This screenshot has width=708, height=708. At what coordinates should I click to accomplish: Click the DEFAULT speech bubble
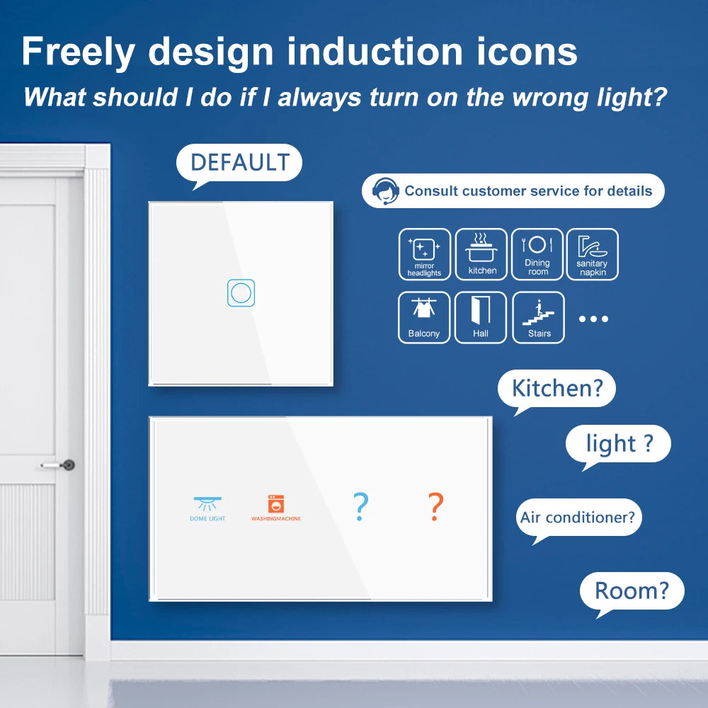(239, 162)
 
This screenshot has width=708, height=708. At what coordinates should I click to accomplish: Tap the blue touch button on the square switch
(241, 293)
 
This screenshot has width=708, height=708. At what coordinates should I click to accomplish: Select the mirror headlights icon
(424, 254)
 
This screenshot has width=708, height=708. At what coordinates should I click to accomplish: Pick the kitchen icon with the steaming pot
(481, 254)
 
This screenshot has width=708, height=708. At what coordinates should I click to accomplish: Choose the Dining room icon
(537, 254)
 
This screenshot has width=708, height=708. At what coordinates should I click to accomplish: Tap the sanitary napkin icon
(592, 254)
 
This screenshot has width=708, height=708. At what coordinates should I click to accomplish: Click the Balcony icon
(424, 317)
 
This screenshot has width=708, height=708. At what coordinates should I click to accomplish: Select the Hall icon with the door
(481, 317)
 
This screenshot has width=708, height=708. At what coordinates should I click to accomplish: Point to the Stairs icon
(538, 317)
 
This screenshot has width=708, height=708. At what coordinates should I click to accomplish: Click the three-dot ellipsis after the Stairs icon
(593, 319)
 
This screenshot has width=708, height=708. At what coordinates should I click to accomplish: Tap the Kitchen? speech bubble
(556, 389)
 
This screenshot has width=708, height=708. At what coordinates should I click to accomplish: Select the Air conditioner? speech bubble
(578, 517)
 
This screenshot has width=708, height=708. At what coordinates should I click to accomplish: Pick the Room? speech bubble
(632, 590)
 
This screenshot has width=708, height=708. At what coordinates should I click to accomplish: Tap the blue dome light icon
(207, 504)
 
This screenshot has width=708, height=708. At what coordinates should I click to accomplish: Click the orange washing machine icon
(275, 504)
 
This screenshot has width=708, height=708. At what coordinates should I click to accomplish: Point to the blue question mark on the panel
(360, 507)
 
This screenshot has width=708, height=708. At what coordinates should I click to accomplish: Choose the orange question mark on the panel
(435, 507)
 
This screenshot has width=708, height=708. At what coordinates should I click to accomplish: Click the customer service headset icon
(386, 191)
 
